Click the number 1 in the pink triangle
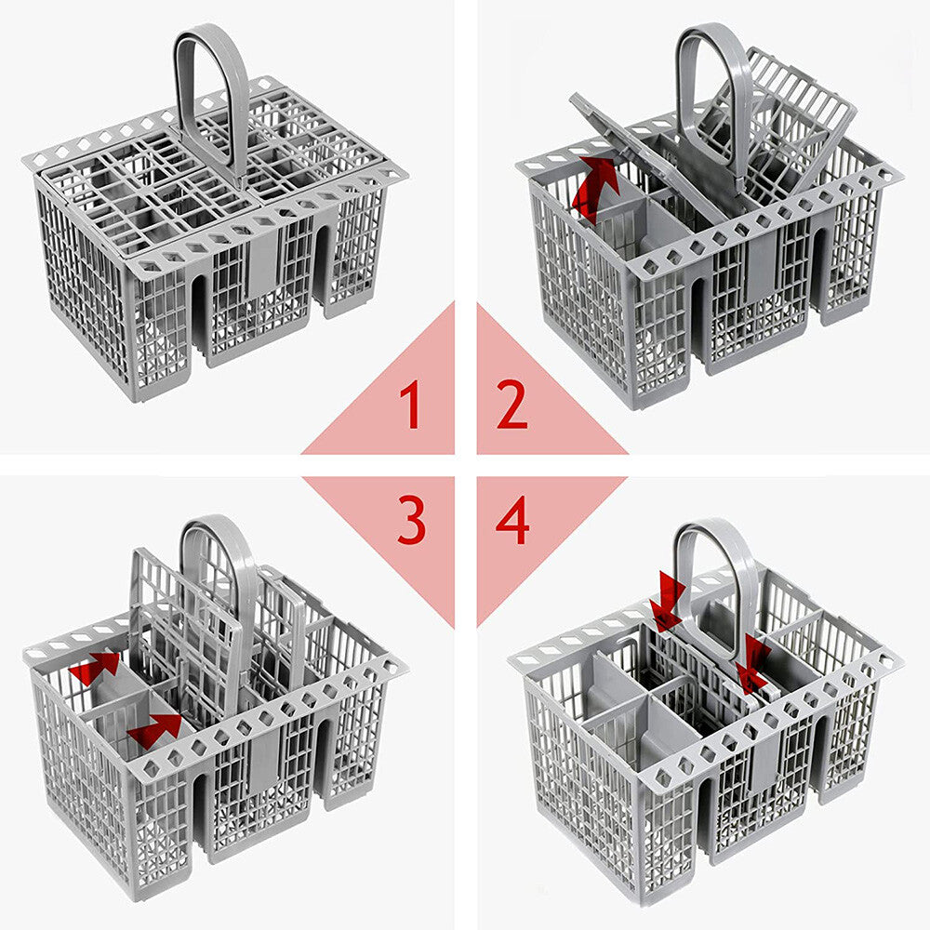pyautogui.click(x=410, y=405)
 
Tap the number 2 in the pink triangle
pyautogui.click(x=512, y=405)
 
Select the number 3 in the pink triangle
pyautogui.click(x=411, y=523)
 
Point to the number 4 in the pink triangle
pyautogui.click(x=512, y=523)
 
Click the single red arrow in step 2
pyautogui.click(x=596, y=187)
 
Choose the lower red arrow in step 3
pyautogui.click(x=154, y=730)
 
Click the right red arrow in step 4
pyautogui.click(x=752, y=664)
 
